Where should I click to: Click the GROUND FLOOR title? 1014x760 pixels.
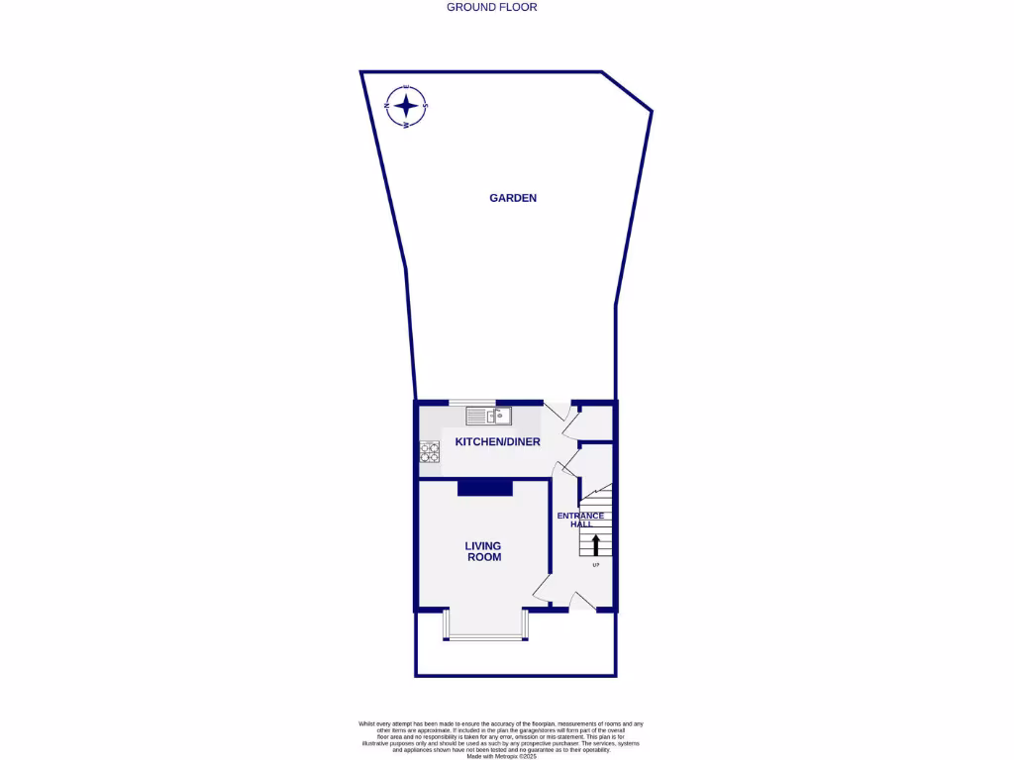point(492,7)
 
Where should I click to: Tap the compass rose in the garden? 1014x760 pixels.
point(406,106)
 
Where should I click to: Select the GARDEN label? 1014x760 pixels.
point(513,198)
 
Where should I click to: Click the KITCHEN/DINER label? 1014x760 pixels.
point(497,441)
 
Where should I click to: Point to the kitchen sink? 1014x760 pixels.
point(488,416)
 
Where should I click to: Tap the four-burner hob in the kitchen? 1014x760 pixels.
point(430,452)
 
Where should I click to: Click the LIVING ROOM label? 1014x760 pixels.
point(483,551)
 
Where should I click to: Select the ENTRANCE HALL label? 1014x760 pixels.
point(579,520)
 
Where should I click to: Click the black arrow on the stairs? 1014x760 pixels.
point(596,543)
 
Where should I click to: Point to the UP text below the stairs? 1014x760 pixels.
point(596,566)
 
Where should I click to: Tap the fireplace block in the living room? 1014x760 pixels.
point(484,487)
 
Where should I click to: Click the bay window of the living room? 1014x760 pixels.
point(485,635)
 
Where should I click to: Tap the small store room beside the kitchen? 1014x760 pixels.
point(595,423)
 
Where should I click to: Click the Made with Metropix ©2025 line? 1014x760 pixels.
point(501,756)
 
